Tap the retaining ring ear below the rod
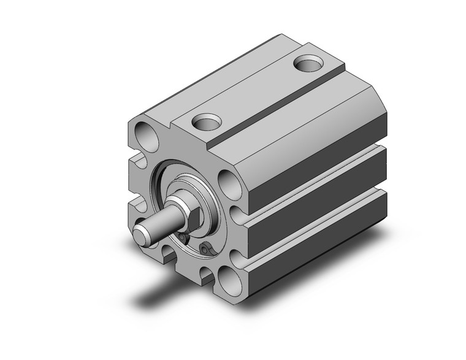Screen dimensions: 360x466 pyautogui.click(x=205, y=248)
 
